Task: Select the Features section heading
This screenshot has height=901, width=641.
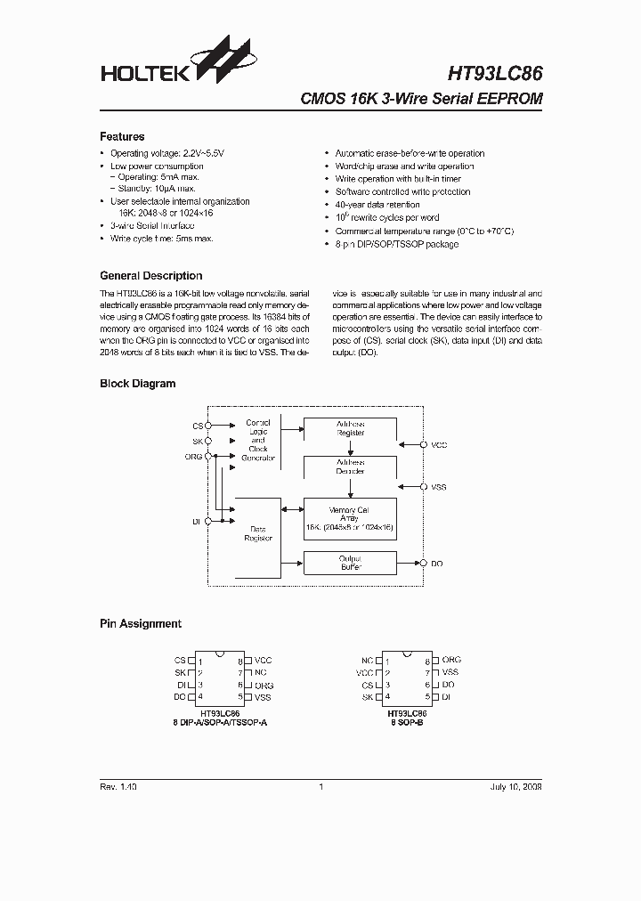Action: click(x=122, y=137)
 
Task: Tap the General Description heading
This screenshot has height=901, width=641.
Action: click(x=150, y=276)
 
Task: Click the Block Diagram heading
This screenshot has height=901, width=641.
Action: click(x=137, y=384)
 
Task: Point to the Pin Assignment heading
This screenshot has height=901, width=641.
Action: click(x=140, y=624)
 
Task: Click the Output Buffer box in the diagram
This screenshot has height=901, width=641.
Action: click(x=350, y=563)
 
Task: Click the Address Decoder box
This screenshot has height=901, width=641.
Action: click(x=350, y=467)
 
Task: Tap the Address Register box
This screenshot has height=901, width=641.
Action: click(x=350, y=428)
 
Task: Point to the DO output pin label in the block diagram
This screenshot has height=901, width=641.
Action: click(x=437, y=564)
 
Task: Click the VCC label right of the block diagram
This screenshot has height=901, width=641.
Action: click(x=439, y=443)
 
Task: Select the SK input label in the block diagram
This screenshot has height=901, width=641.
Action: click(x=198, y=441)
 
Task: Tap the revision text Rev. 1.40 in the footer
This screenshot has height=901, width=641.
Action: click(x=118, y=787)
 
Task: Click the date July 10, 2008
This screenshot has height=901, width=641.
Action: click(x=515, y=787)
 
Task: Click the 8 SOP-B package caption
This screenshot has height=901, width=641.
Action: click(x=407, y=723)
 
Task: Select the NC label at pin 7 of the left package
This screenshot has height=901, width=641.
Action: click(x=260, y=673)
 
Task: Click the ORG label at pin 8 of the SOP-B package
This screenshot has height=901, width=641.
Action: click(x=451, y=661)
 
